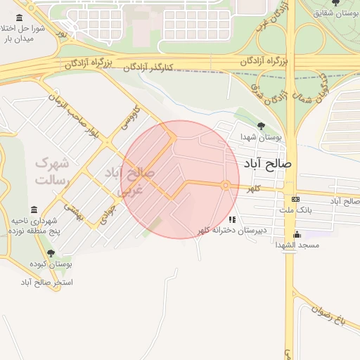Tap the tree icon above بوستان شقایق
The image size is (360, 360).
tap(334, 2)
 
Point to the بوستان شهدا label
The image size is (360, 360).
tap(260, 137)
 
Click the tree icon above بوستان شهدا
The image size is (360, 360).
tap(262, 126)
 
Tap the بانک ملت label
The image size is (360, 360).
tap(295, 210)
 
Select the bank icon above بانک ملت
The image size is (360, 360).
tap(295, 199)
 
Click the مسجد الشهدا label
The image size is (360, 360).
tap(299, 245)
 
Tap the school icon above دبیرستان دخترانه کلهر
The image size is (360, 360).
tap(231, 219)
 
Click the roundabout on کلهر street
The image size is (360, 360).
tap(226, 185)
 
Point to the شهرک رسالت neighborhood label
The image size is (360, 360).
tap(52, 171)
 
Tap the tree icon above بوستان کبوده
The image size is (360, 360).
tap(50, 253)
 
